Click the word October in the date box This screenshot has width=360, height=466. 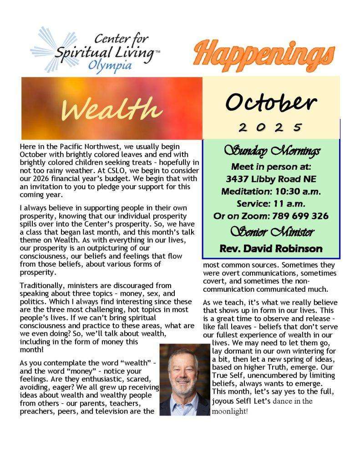tap(271, 103)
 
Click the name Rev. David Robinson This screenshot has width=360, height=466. tap(271, 248)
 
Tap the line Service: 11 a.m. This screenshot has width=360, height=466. tap(271, 203)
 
